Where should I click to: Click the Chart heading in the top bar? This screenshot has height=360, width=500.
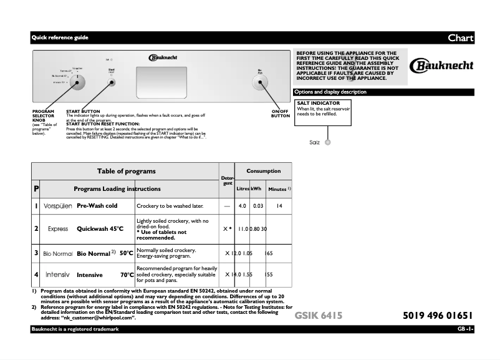[460, 38]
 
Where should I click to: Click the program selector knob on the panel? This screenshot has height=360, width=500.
[78, 82]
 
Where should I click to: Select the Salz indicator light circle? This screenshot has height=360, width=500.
[328, 142]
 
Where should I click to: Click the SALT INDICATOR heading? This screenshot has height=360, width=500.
[318, 103]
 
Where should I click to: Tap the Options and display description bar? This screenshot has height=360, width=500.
[330, 92]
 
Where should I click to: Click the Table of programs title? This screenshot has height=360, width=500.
[126, 171]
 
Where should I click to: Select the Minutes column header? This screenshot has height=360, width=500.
[279, 188]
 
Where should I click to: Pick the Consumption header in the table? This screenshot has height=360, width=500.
[263, 171]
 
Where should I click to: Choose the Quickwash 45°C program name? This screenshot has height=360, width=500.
[100, 229]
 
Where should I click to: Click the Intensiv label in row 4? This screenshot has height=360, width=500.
[57, 275]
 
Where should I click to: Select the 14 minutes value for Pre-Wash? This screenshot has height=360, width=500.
[279, 206]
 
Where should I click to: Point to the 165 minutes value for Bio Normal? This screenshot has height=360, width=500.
[269, 253]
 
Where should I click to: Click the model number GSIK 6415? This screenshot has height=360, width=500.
[318, 316]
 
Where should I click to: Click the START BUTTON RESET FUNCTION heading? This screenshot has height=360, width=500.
[103, 124]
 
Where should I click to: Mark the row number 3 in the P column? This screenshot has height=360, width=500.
[36, 253]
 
